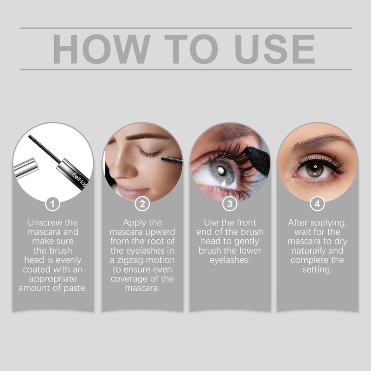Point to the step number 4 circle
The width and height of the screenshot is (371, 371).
coord(317,204)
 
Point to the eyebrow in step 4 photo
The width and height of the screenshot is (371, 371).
coord(320,141)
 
